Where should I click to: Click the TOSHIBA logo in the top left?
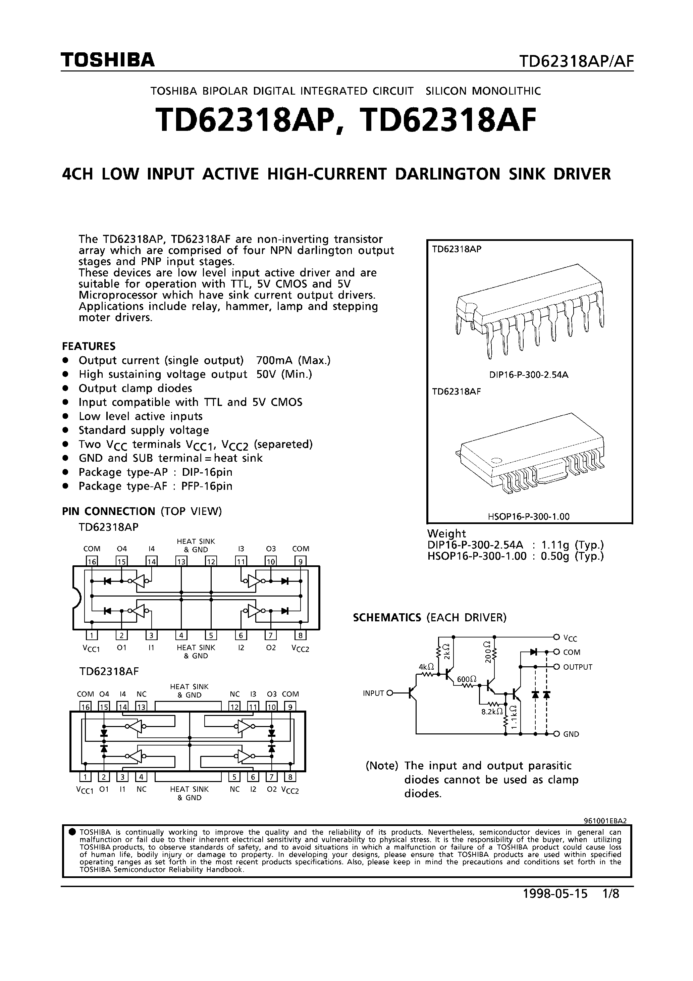point(107,60)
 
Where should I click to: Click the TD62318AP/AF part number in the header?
point(576,62)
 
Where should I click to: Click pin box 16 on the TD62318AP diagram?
point(92,561)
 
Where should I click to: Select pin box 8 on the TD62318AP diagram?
point(301,635)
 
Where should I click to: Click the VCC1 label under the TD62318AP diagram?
point(91,648)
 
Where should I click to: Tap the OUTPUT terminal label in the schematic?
point(578,667)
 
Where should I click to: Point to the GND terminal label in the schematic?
point(571,734)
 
